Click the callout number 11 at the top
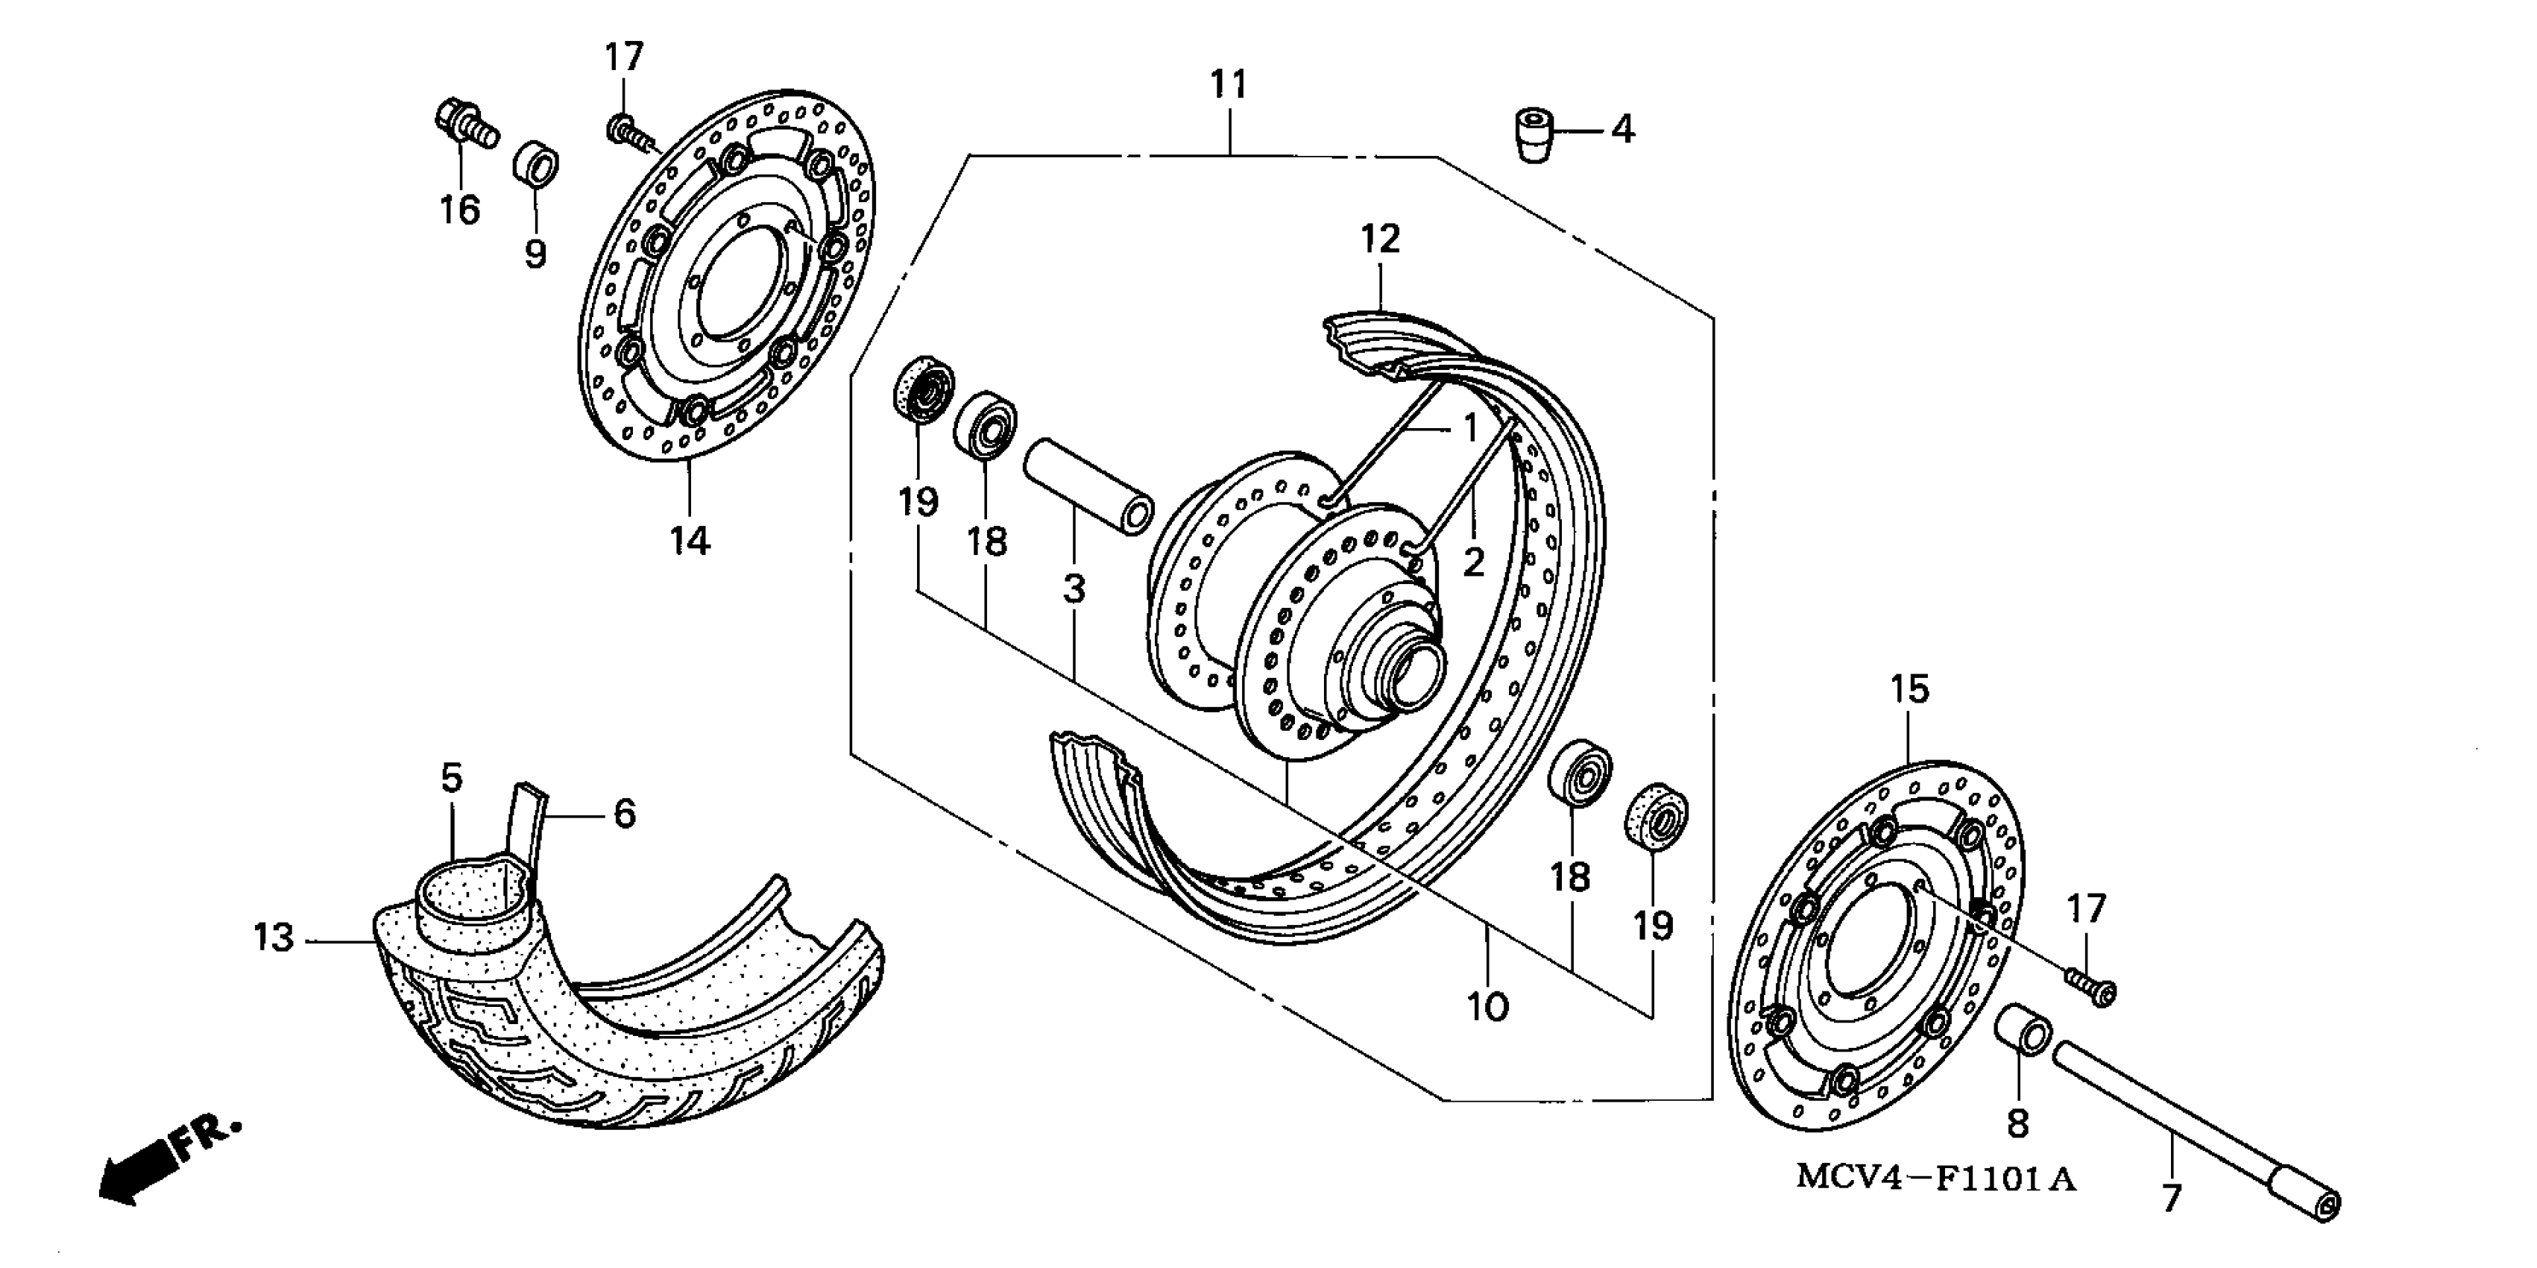[x=1228, y=85]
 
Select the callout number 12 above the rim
[x=1380, y=239]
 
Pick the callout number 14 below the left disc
[x=690, y=540]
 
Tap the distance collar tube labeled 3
[x=1088, y=488]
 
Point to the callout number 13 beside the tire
[x=273, y=937]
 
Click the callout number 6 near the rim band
[x=625, y=814]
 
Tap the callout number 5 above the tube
[x=451, y=779]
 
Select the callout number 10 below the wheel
[x=1487, y=1007]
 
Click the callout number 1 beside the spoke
[x=1469, y=429]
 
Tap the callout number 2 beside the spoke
[x=1473, y=562]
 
